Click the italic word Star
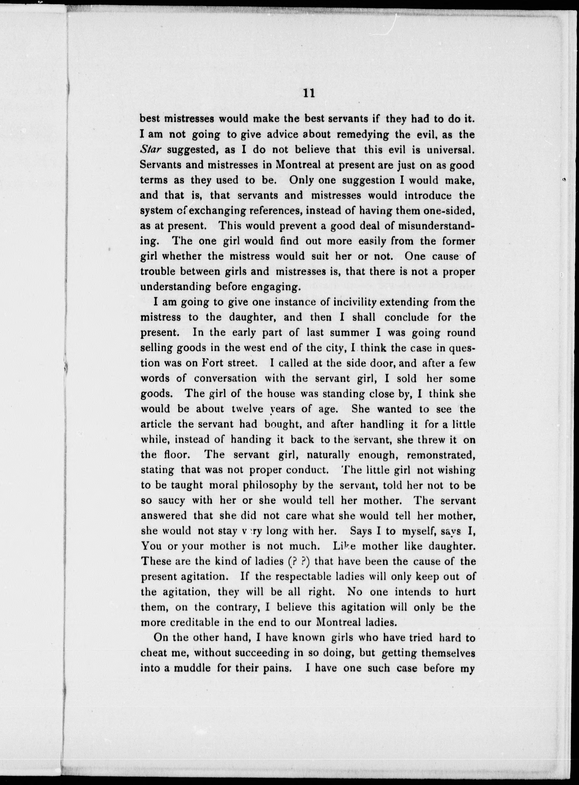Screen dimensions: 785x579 (150, 150)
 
